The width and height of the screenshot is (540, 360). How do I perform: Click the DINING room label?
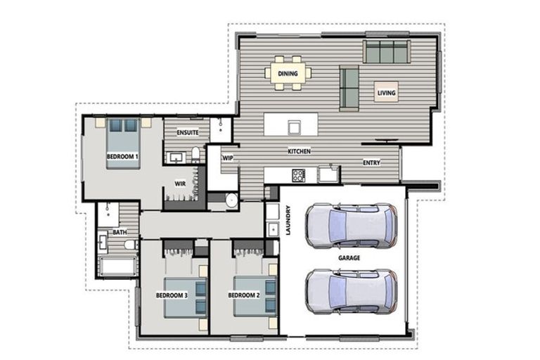click(x=288, y=73)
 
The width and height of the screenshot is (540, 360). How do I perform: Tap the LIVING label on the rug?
click(x=387, y=93)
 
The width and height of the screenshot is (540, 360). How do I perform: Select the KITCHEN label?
click(x=300, y=151)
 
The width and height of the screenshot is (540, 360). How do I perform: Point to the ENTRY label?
click(x=371, y=162)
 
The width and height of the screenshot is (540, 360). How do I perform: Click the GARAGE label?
click(x=349, y=257)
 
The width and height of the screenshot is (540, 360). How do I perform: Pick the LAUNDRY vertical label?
click(x=288, y=221)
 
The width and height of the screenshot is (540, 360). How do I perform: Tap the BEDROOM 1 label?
click(x=122, y=156)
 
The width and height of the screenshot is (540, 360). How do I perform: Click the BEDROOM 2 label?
click(x=244, y=295)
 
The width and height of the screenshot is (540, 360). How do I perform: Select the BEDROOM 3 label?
click(x=172, y=295)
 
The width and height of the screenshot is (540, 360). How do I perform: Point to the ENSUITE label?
click(x=188, y=132)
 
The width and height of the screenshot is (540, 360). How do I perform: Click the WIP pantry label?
click(x=228, y=157)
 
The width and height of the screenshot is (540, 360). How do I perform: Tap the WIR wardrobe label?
click(x=180, y=184)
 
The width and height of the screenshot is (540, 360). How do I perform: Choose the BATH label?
click(x=120, y=232)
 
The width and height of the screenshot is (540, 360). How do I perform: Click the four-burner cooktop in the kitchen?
click(x=298, y=175)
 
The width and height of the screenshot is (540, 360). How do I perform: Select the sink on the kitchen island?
click(x=294, y=127)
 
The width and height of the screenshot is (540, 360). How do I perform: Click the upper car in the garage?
click(x=352, y=225)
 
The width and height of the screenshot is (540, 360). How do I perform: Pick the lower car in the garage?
click(x=352, y=291)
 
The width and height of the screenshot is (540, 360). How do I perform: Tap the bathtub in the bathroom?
click(x=117, y=266)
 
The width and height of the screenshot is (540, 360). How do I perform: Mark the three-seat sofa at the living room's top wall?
click(x=387, y=51)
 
